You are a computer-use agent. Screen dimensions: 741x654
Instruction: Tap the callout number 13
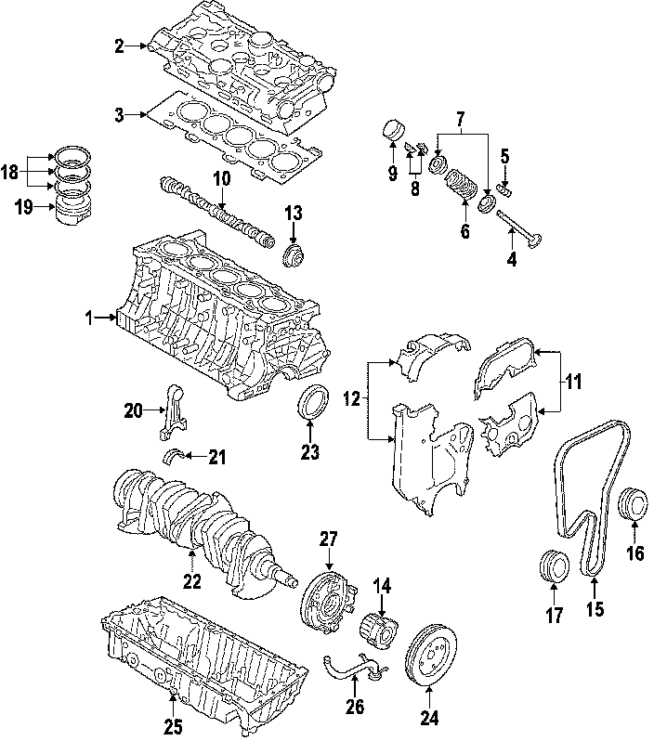[x=294, y=214]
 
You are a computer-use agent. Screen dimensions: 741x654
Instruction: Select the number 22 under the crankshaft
[x=191, y=582]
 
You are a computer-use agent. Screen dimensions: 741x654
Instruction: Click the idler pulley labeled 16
[x=632, y=501]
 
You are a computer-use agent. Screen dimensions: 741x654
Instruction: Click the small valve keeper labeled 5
[x=508, y=188]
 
